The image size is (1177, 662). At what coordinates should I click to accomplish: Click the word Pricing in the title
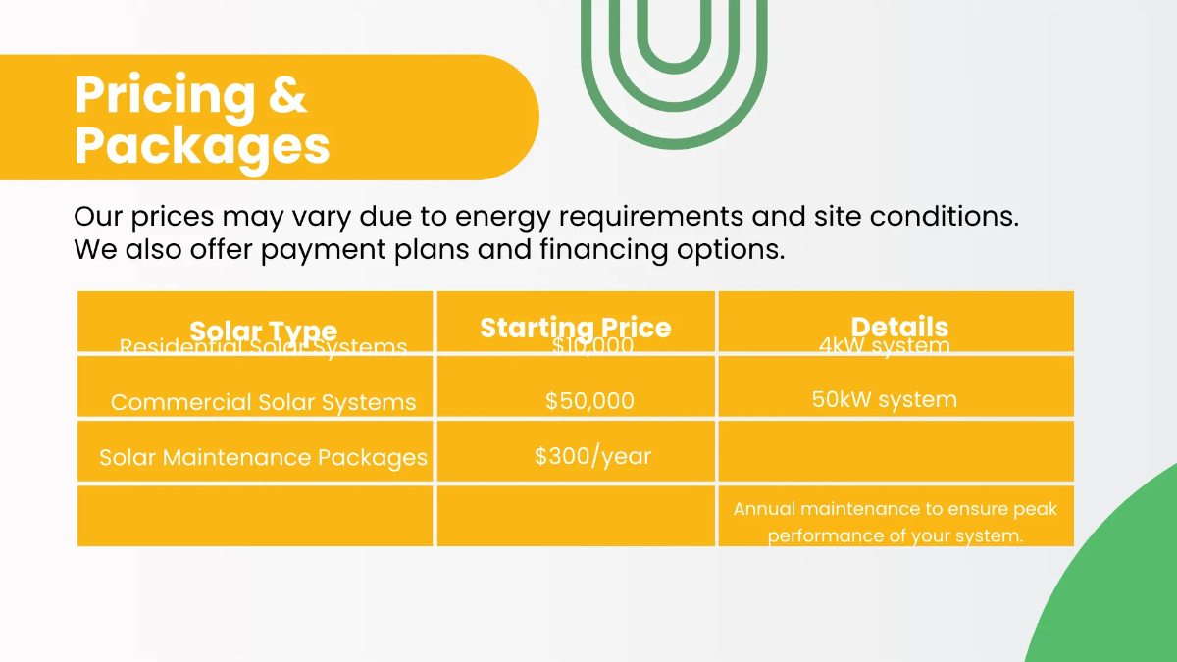point(162,96)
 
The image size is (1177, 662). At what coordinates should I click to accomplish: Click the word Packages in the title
point(202,145)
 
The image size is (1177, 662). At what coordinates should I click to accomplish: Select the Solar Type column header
point(263,330)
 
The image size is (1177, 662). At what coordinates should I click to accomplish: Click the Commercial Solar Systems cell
point(263,402)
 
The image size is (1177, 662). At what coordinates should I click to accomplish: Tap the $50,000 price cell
point(589,401)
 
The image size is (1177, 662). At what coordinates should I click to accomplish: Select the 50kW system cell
point(885,399)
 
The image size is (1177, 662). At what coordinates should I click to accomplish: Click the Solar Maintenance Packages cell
point(263,457)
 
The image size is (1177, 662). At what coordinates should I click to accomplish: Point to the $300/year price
point(593,456)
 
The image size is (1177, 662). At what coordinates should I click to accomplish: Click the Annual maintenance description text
point(896,523)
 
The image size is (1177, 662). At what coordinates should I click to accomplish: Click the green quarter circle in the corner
point(1118,588)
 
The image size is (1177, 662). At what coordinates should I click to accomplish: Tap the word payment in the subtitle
point(322,249)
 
